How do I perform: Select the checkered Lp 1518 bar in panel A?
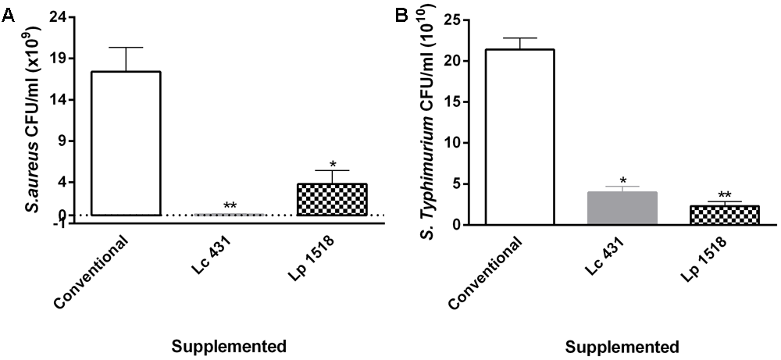tap(333, 200)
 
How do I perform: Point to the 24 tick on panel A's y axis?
tap(55, 16)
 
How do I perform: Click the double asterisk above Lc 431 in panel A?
tap(230, 206)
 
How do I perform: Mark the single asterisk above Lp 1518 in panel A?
tap(333, 164)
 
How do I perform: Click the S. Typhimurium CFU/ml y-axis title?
tap(415, 117)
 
